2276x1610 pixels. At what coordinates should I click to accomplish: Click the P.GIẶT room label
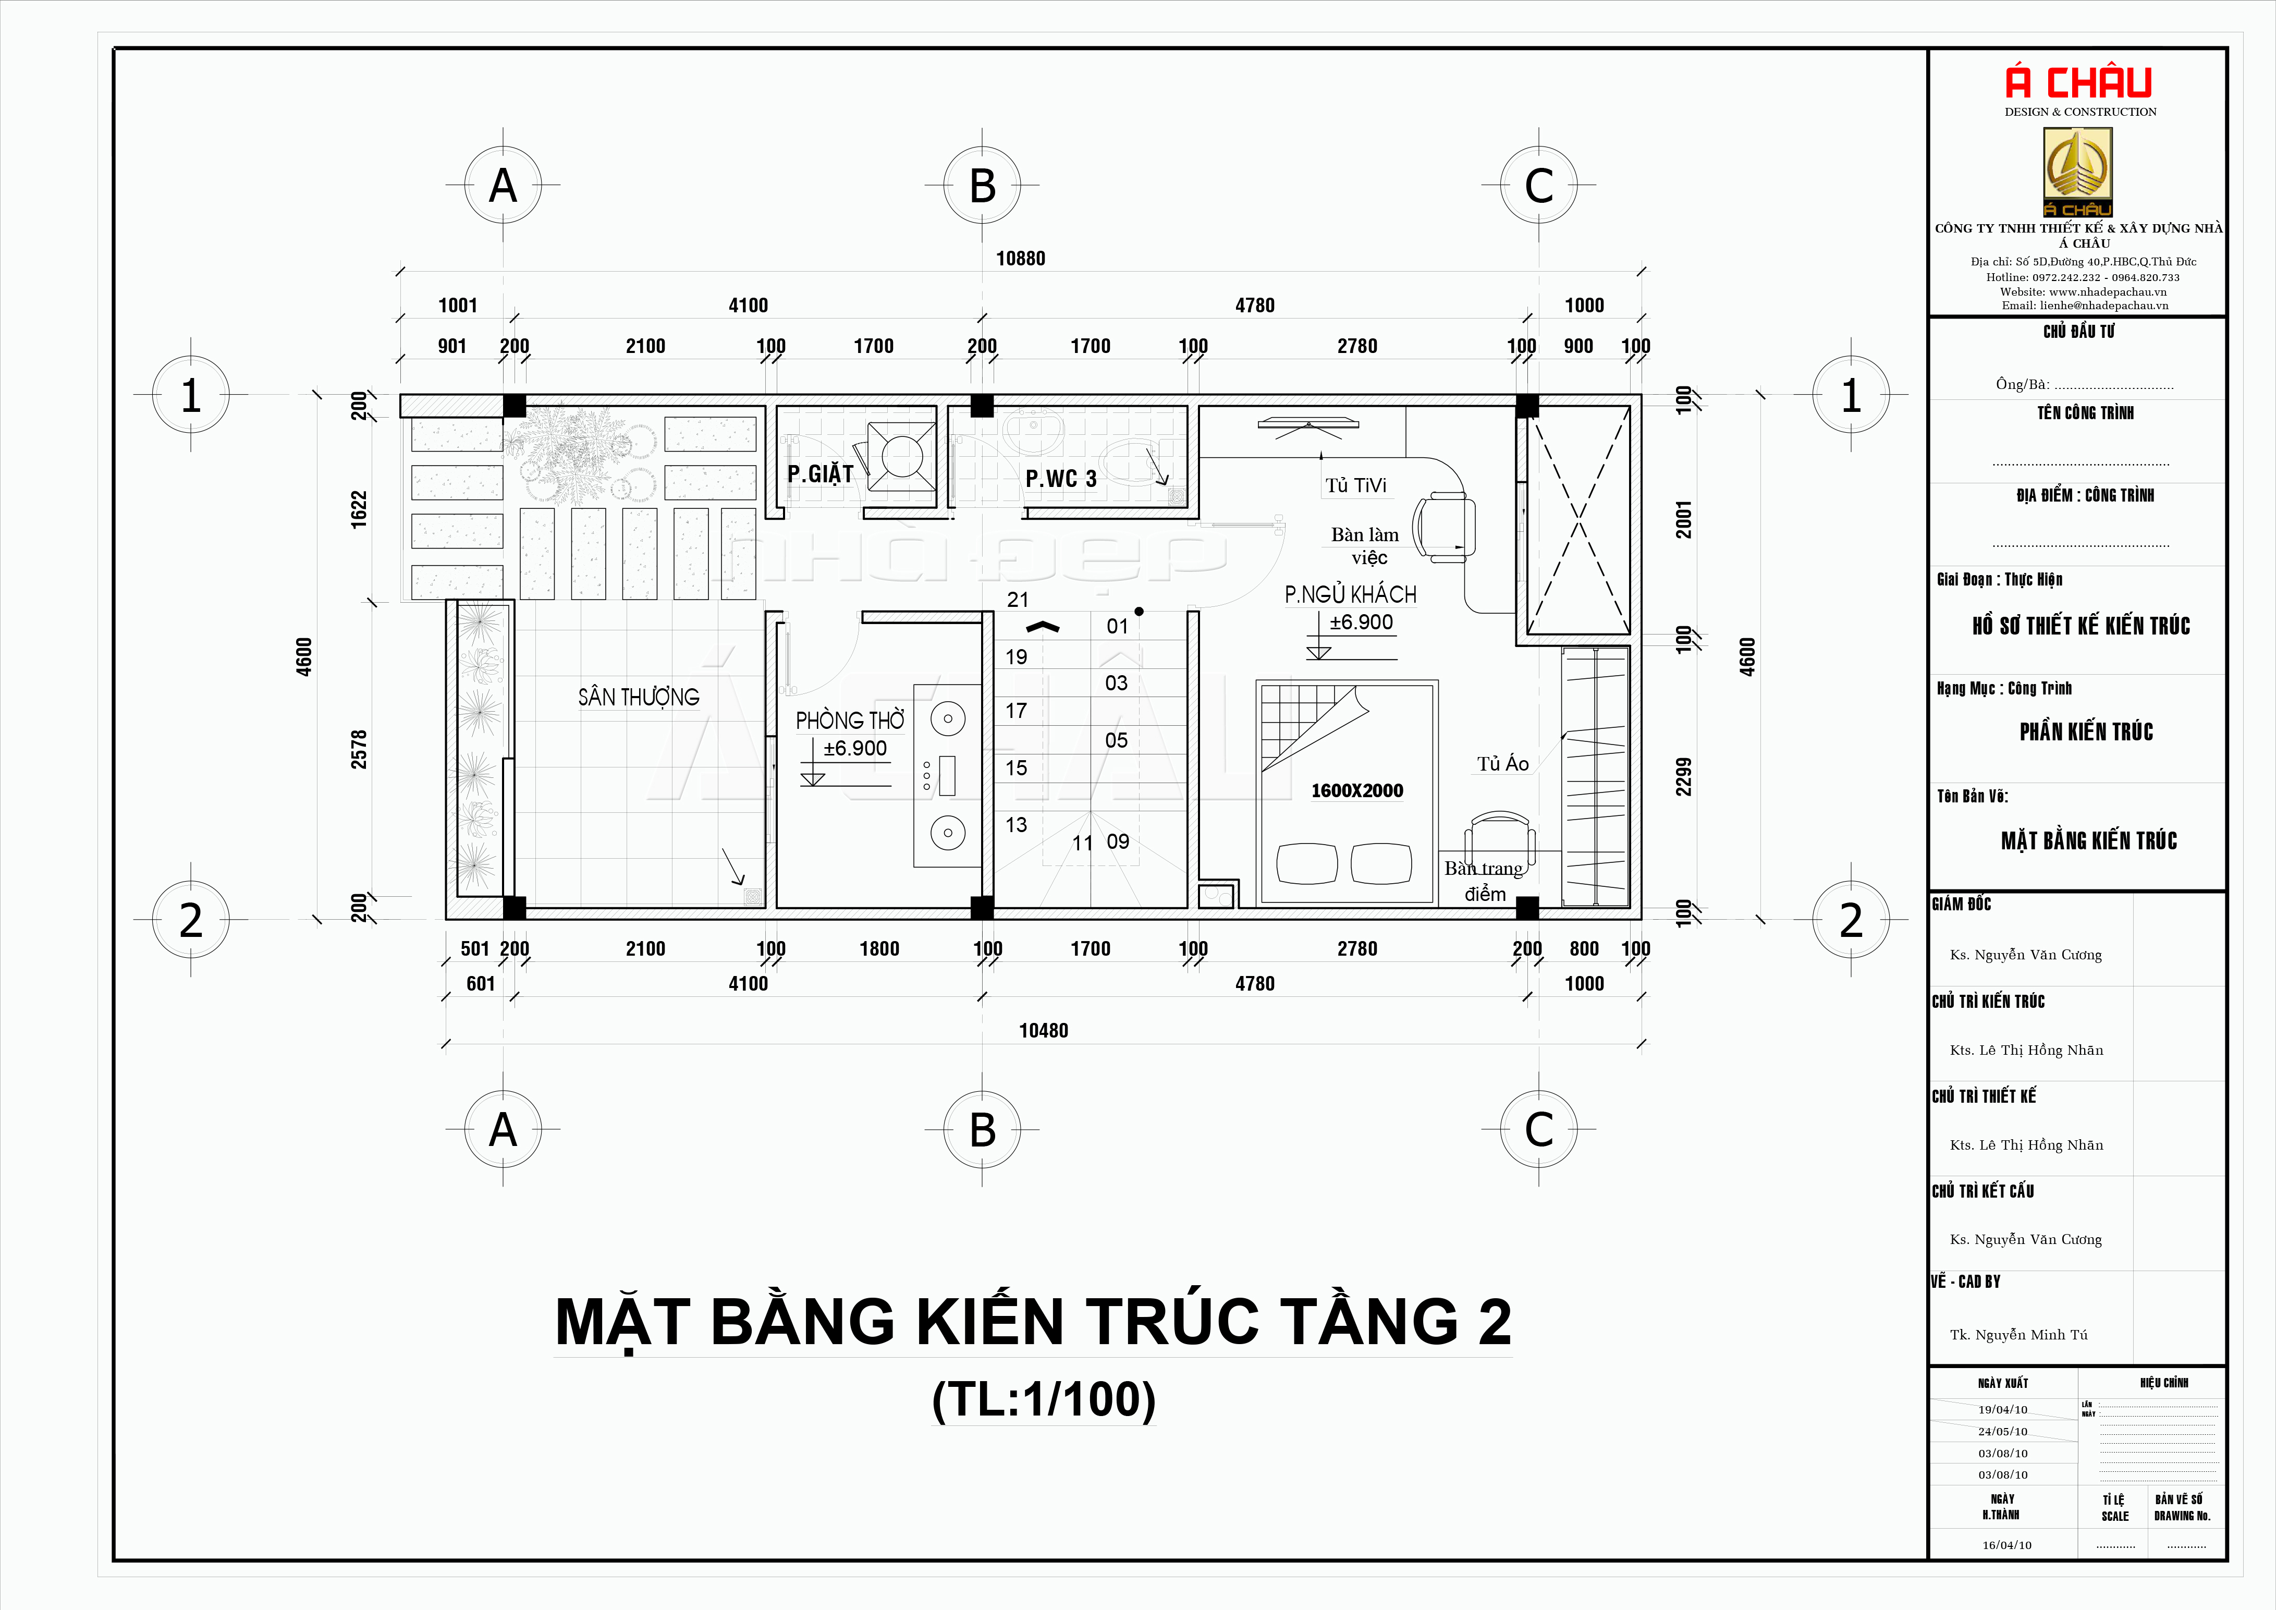[x=820, y=475]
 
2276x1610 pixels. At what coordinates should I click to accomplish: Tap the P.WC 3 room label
[x=1061, y=479]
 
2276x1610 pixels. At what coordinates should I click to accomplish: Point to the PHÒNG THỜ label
[x=850, y=719]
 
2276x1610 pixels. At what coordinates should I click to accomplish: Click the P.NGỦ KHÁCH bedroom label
[x=1350, y=595]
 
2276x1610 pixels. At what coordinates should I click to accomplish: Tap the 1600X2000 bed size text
[x=1357, y=790]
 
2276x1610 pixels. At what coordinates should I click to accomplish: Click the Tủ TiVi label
[x=1356, y=486]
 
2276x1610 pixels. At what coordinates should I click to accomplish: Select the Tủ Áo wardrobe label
[x=1503, y=763]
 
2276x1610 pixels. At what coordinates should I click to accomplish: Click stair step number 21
[x=1017, y=600]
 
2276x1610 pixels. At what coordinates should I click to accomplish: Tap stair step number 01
[x=1117, y=627]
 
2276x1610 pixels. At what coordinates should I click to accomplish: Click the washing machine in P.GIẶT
[x=901, y=457]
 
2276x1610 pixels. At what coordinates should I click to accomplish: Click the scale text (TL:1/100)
[x=1044, y=1400]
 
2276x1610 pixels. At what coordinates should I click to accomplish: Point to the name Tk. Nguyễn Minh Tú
[x=2018, y=1334]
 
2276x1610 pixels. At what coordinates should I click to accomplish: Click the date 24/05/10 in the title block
[x=2003, y=1432]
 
